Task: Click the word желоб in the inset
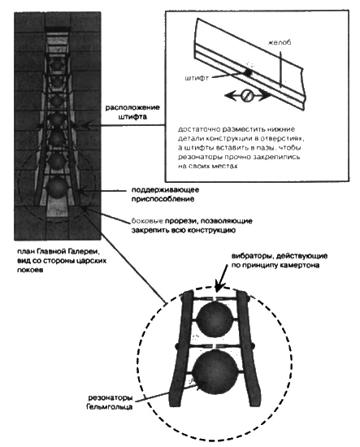pos(280,42)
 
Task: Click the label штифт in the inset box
pos(197,78)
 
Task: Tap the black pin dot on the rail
pos(248,72)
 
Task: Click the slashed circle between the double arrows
pos(247,96)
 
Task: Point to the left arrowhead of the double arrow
pos(229,96)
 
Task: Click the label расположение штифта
pos(132,112)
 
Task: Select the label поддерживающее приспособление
pos(165,194)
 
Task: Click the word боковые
pos(147,221)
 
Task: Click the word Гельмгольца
pos(110,406)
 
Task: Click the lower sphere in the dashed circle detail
pos(215,372)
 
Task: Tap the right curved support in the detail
pos(249,349)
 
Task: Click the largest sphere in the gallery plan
pos(58,187)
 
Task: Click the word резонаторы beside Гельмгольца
pos(110,397)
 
